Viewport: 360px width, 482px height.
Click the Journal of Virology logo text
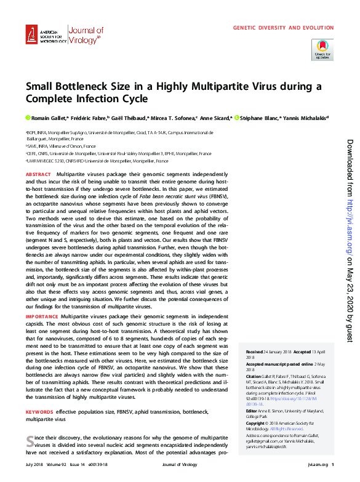86,35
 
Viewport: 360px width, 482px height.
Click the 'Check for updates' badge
322,49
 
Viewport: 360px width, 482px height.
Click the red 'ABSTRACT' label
38,175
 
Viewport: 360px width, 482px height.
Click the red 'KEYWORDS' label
39,411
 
